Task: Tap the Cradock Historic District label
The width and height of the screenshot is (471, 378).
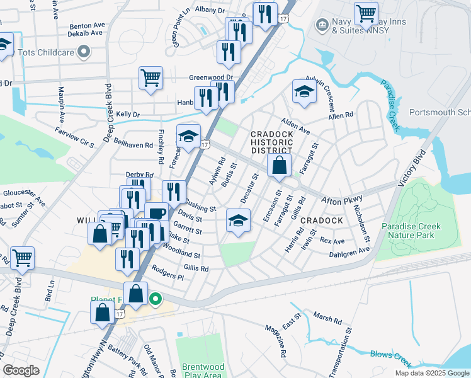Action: pyautogui.click(x=271, y=142)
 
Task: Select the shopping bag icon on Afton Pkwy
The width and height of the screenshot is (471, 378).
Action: pyautogui.click(x=278, y=166)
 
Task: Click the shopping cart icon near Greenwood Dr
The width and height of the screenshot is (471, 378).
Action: pyautogui.click(x=151, y=78)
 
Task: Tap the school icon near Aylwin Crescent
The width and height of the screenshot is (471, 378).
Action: pyautogui.click(x=304, y=91)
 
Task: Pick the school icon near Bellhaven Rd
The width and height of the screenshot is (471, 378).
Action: pyautogui.click(x=188, y=135)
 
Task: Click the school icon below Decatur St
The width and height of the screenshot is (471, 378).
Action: pyautogui.click(x=237, y=220)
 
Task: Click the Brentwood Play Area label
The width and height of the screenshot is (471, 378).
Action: pyautogui.click(x=201, y=370)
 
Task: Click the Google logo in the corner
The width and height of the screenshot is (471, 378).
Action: pyautogui.click(x=21, y=370)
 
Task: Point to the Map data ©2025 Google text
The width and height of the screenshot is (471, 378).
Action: pyautogui.click(x=431, y=373)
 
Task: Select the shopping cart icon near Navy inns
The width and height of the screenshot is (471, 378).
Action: pyautogui.click(x=365, y=13)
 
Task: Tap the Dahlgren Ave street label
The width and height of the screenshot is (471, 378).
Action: pyautogui.click(x=349, y=253)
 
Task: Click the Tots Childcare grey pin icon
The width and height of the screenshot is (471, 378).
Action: pyautogui.click(x=83, y=52)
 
